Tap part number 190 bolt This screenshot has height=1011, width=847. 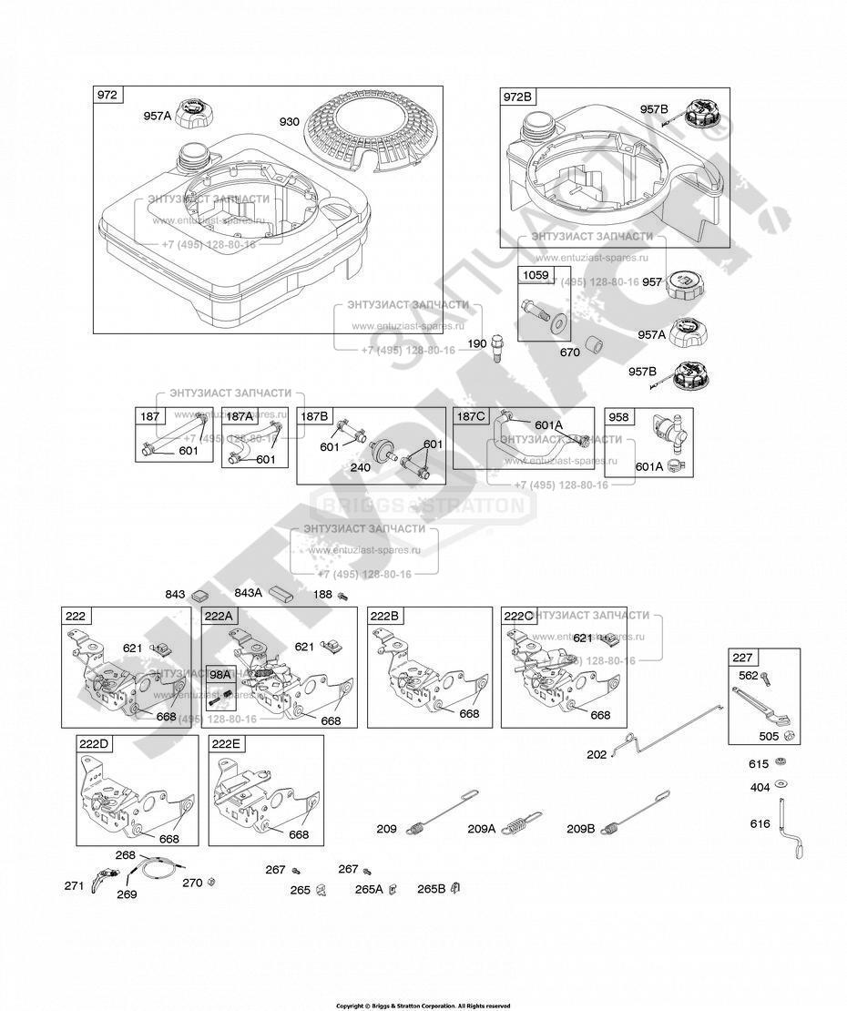point(497,347)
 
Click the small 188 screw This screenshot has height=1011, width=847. point(343,595)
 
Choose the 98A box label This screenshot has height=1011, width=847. point(220,674)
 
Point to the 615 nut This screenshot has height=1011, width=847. point(781,762)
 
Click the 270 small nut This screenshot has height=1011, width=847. point(211,882)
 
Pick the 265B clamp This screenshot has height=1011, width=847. point(456,888)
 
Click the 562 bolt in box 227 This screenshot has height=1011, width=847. point(767,678)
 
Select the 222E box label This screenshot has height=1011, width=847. point(226,744)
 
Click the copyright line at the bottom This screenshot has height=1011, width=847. point(423,1006)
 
